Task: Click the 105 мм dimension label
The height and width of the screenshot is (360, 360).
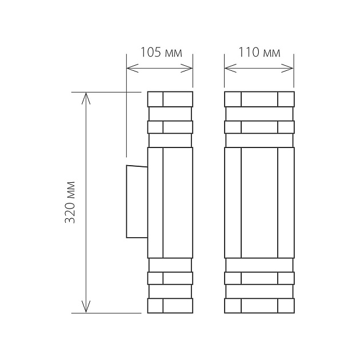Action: click(x=161, y=53)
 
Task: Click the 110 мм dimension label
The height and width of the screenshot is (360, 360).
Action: click(x=259, y=53)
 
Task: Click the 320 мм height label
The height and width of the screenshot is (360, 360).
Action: click(x=71, y=203)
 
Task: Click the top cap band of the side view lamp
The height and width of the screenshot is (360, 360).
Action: click(x=170, y=99)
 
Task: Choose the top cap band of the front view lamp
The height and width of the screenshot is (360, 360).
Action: click(x=259, y=99)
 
